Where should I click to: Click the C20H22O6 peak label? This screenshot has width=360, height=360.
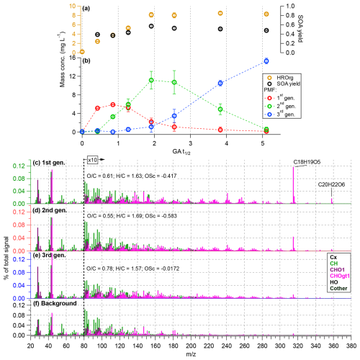point(332,185)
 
